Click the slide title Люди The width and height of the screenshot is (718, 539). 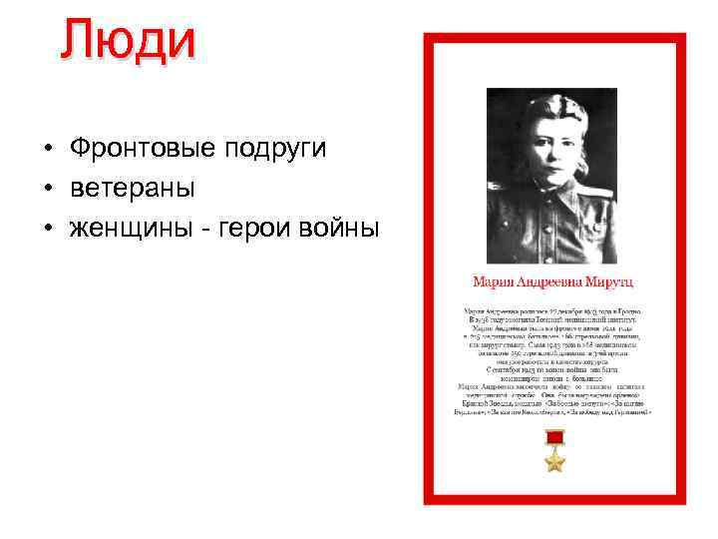pos(127,40)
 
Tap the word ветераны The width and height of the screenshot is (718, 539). pos(133,188)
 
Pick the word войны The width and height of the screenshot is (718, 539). pos(333,228)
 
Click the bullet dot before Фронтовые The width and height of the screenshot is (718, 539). pos(47,150)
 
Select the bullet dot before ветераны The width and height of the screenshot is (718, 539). pos(47,189)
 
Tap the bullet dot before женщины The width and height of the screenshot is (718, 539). pos(47,229)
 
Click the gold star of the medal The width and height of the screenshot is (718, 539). pos(554,460)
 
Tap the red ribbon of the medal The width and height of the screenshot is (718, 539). pos(554,438)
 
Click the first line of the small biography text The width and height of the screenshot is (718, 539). pos(555,312)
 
